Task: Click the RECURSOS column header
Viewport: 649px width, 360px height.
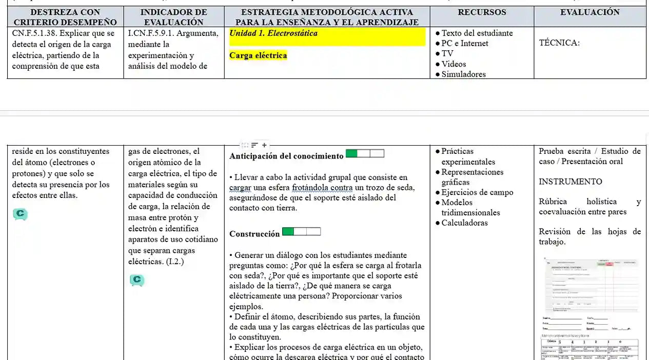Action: [481, 12]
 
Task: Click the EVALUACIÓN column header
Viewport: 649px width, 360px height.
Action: [589, 12]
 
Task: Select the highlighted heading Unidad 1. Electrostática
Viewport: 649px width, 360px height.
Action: [273, 33]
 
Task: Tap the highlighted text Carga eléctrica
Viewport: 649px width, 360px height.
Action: [258, 55]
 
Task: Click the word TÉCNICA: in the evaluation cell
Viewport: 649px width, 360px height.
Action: [559, 43]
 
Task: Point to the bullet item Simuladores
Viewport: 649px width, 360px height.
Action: [463, 74]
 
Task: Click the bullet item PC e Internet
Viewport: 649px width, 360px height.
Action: [464, 44]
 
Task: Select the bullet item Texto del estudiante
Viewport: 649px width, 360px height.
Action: [477, 33]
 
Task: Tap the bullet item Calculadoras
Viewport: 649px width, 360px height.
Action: [464, 223]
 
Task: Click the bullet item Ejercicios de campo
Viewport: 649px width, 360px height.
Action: [477, 192]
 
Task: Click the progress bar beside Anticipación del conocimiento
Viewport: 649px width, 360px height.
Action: [365, 154]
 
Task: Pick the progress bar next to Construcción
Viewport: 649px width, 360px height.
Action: [301, 232]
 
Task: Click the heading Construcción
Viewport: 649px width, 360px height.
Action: [254, 234]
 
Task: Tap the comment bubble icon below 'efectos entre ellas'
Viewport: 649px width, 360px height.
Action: [21, 214]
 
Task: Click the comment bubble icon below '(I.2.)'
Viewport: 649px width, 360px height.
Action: [137, 280]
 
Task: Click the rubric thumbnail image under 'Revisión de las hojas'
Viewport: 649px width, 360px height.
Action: [590, 308]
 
